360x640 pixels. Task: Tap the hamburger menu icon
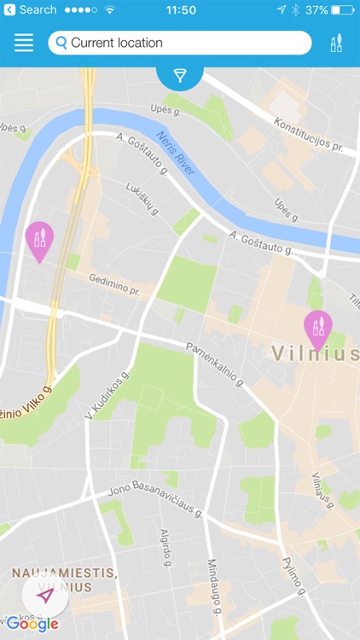tap(24, 43)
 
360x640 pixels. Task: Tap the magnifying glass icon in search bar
tap(61, 43)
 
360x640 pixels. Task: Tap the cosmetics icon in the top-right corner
tap(336, 43)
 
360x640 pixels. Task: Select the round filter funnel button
tap(180, 76)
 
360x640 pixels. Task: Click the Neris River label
tap(177, 153)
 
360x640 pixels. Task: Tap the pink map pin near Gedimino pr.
tap(39, 240)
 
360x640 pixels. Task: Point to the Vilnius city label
tap(314, 353)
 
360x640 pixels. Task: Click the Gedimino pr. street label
tap(114, 285)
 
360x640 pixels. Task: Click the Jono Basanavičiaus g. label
tap(154, 501)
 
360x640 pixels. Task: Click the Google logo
tap(32, 624)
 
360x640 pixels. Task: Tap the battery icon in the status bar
tap(342, 10)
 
